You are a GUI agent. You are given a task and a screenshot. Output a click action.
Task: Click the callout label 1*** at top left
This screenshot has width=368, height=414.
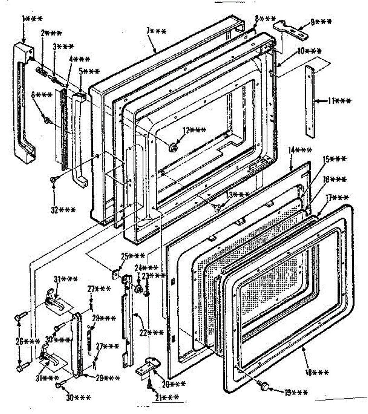(x=32, y=19)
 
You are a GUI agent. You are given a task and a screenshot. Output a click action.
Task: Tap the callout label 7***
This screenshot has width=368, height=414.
(x=156, y=31)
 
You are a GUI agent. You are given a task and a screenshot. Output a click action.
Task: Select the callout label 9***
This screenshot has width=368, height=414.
(x=320, y=21)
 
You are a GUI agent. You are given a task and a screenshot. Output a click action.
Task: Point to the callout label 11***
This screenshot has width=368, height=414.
(x=339, y=101)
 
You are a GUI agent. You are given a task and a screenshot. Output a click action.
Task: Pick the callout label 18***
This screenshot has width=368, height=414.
(x=317, y=373)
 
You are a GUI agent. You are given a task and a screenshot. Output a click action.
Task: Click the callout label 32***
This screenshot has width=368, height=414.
(x=63, y=210)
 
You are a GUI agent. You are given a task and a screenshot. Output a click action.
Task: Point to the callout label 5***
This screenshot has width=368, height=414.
(x=89, y=72)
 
